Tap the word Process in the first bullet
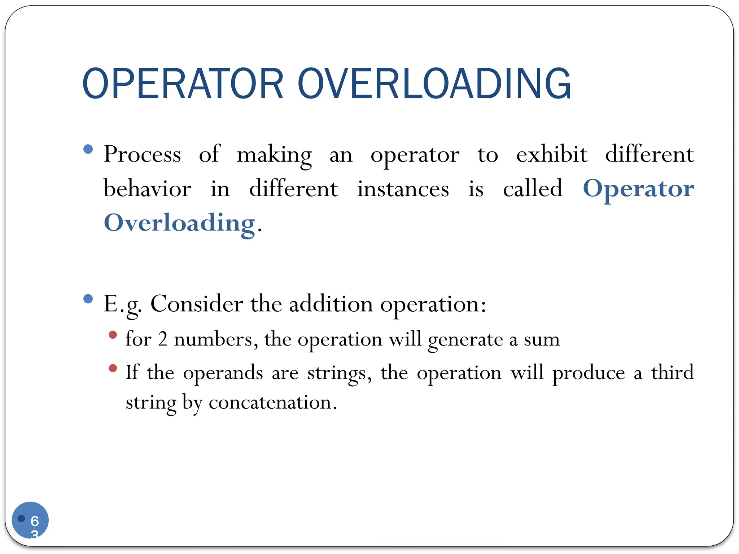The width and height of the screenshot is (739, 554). pyautogui.click(x=142, y=154)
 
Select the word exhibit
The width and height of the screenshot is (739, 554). pyautogui.click(x=551, y=154)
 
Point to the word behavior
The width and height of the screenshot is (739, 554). pyautogui.click(x=147, y=188)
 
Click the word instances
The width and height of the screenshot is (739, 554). pyautogui.click(x=403, y=188)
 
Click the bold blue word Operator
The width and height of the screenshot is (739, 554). pyautogui.click(x=638, y=189)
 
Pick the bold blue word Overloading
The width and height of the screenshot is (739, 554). pyautogui.click(x=179, y=223)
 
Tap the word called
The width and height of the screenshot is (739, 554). pyautogui.click(x=533, y=188)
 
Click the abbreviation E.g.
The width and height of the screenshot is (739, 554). pyautogui.click(x=122, y=304)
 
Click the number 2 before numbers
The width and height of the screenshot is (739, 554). pyautogui.click(x=163, y=339)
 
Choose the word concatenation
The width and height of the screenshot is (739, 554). pyautogui.click(x=272, y=403)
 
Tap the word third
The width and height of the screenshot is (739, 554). pyautogui.click(x=672, y=372)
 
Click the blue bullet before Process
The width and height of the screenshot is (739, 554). pyautogui.click(x=88, y=149)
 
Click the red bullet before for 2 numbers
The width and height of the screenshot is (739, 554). pyautogui.click(x=113, y=335)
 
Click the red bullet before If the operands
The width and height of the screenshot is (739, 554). pyautogui.click(x=113, y=368)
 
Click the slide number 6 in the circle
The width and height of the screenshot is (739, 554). pyautogui.click(x=35, y=521)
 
